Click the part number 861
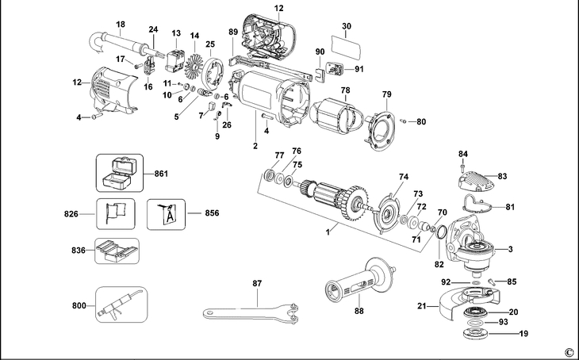pos(161,174)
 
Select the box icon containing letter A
pos(167,213)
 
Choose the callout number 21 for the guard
pos(423,304)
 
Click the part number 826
pos(72,213)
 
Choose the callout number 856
pos(212,213)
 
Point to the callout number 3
pos(510,250)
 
